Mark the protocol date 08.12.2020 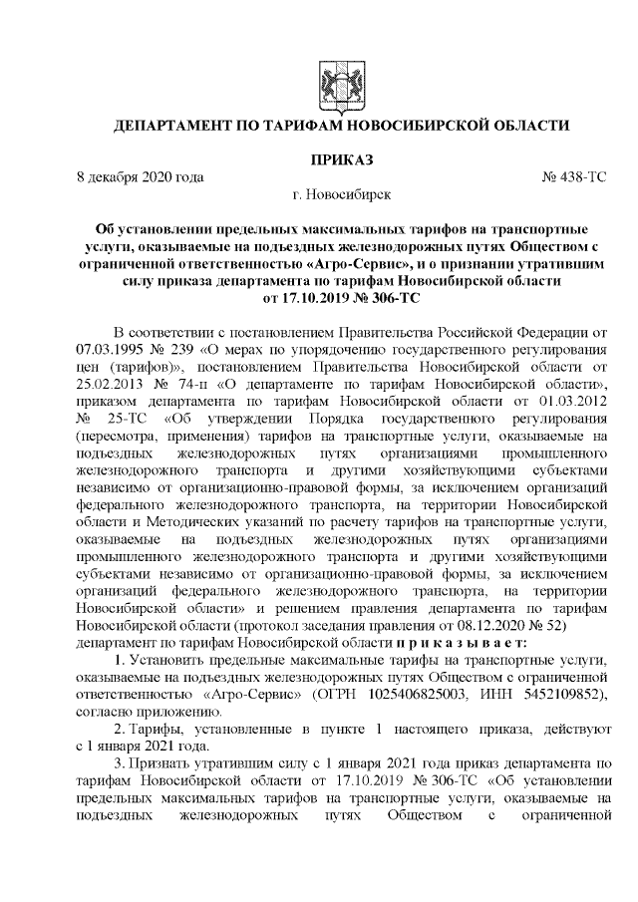coord(504,625)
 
